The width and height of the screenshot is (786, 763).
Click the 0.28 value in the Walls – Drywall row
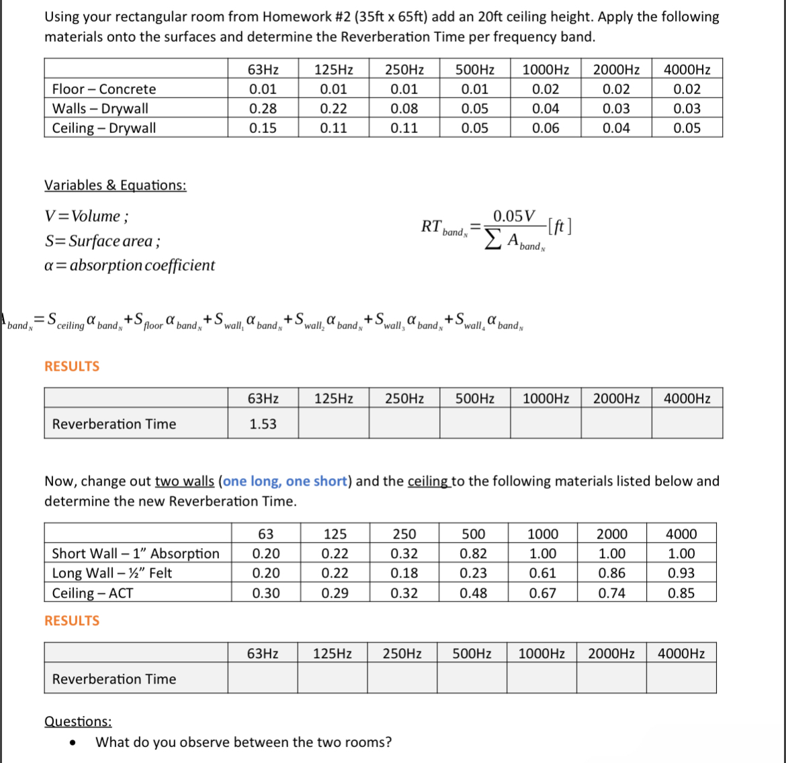262,109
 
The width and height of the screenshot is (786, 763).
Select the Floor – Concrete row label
104,89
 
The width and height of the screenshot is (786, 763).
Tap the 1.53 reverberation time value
262,424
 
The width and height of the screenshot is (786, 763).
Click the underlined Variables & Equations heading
115,185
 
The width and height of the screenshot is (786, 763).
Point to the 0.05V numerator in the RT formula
514,216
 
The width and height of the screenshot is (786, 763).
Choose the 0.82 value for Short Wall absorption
474,553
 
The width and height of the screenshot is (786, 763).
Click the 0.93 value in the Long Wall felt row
681,573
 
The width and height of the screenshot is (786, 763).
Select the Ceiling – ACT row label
93,593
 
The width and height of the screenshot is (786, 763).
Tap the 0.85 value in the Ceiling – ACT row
681,593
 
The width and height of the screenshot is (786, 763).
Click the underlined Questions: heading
78,721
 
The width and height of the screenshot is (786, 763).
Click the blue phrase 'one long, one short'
285,482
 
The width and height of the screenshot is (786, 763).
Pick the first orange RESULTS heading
72,366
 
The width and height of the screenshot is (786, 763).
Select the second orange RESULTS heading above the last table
72,621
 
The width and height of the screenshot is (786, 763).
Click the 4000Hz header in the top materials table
687,69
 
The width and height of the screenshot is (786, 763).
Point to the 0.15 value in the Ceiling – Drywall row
262,128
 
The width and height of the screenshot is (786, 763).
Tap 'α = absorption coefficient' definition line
130,265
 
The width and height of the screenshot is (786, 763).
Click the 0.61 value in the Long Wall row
542,573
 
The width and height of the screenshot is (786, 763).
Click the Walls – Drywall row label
100,109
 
